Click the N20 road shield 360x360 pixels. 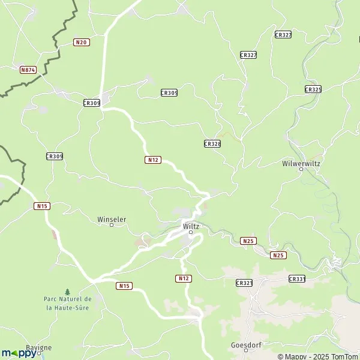(82, 42)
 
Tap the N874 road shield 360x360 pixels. (28, 70)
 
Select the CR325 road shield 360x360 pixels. (313, 89)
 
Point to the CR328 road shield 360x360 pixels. (212, 144)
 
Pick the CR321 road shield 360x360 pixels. (244, 283)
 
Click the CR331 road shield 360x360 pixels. (297, 279)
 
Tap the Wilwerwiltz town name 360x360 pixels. (302, 163)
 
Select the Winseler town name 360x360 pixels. (112, 219)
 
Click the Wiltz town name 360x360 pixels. (191, 226)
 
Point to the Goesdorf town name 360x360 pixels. (245, 345)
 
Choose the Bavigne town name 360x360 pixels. (39, 347)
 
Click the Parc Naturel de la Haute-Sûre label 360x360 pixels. (67, 303)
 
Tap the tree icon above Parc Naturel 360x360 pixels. (67, 291)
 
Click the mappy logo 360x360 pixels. (19, 353)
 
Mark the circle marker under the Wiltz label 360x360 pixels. (191, 232)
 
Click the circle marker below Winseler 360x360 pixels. (111, 225)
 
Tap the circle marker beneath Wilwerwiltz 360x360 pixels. (302, 169)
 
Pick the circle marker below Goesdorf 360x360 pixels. (245, 351)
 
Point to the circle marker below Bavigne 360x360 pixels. (39, 353)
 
